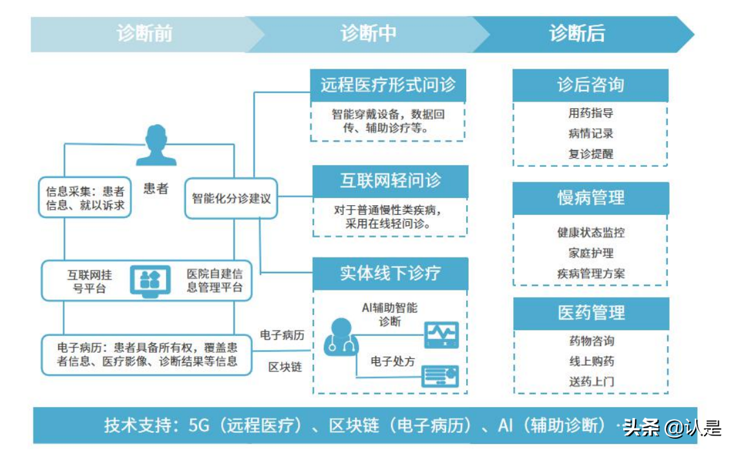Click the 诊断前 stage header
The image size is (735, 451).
click(144, 34)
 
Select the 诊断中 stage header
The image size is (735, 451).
click(368, 34)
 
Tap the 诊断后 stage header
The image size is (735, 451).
click(577, 34)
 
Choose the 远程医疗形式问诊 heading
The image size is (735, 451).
click(388, 85)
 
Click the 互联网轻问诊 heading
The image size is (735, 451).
click(390, 181)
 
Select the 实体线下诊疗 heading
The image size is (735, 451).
click(390, 272)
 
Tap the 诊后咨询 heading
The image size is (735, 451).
click(590, 85)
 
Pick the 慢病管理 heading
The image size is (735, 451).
click(590, 197)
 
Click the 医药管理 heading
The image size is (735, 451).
click(590, 313)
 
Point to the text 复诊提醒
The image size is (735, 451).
click(590, 154)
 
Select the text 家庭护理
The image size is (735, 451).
click(590, 253)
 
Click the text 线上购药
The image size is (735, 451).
click(590, 361)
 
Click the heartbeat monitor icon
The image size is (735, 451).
click(441, 335)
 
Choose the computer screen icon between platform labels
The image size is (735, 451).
click(150, 280)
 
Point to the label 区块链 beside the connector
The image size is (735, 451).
click(284, 367)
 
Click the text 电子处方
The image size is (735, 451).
click(392, 361)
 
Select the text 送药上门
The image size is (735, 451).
click(590, 382)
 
